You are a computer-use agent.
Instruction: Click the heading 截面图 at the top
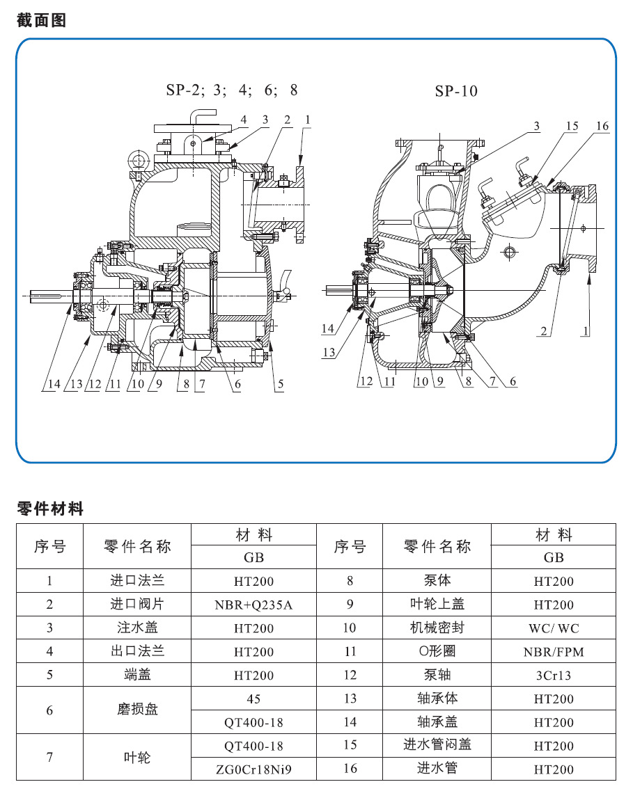tap(41, 20)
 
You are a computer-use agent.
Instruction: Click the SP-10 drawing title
tap(456, 91)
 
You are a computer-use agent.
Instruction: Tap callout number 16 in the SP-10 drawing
tap(602, 126)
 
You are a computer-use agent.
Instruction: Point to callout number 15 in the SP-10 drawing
tap(572, 126)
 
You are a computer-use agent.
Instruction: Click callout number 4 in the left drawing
tap(243, 120)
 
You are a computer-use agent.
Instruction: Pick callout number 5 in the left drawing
tap(279, 383)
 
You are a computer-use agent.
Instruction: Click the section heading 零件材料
tap(50, 509)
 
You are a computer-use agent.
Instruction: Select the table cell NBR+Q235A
tap(253, 605)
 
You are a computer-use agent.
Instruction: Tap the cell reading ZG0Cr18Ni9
tap(253, 769)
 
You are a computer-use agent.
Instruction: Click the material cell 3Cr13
tap(554, 675)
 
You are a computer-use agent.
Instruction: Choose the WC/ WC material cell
tap(554, 628)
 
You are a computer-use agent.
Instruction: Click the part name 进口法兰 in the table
tap(137, 580)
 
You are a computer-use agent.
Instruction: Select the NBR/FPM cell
tap(554, 652)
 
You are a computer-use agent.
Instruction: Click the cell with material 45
tap(253, 698)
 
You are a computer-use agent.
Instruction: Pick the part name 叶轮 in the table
tap(137, 757)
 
